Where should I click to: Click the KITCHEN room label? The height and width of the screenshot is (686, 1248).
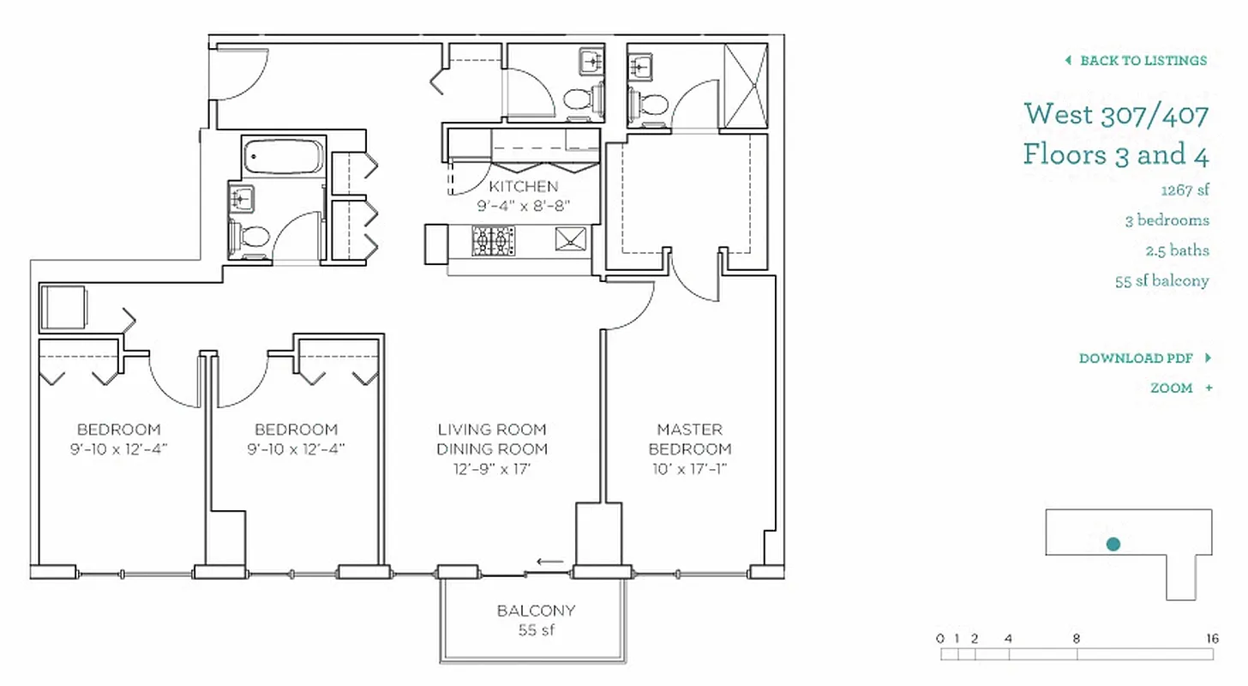click(523, 187)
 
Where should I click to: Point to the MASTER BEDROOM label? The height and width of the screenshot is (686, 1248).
click(689, 439)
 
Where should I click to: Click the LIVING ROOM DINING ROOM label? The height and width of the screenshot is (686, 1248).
click(491, 439)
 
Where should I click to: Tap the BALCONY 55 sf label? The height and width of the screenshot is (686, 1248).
click(536, 620)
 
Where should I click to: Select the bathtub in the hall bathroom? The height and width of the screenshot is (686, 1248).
click(282, 157)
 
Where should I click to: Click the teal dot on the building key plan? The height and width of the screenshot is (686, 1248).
click(1113, 544)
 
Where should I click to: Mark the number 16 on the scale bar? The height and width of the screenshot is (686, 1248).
click(1211, 639)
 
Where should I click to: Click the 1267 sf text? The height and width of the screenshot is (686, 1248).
click(1185, 190)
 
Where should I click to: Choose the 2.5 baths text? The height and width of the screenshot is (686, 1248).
click(1177, 251)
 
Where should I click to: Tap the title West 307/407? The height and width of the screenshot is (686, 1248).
click(1116, 114)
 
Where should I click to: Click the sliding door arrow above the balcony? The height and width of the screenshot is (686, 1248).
click(549, 563)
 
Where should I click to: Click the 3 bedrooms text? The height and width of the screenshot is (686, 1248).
click(1167, 220)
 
